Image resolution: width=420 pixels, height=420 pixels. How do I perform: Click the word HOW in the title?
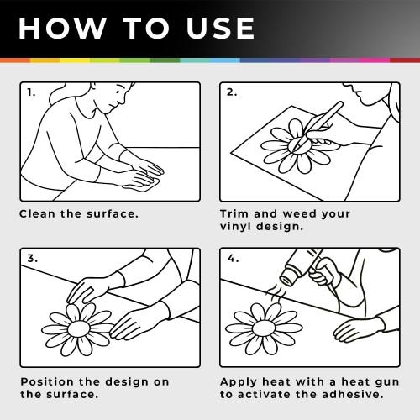coord(61,29)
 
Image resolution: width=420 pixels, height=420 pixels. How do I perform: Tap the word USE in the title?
coord(220,29)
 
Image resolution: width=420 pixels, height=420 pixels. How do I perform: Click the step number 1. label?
coord(31,92)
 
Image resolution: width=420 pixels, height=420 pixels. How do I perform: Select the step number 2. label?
coord(232,92)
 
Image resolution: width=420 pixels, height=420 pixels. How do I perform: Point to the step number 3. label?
coord(33,258)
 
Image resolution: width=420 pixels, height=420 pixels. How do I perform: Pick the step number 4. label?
coord(233,258)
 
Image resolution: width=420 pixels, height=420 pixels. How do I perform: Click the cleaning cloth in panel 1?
coord(143,186)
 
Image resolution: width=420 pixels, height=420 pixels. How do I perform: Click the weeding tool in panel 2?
coord(318,126)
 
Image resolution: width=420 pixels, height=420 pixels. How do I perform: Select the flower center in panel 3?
coord(79,328)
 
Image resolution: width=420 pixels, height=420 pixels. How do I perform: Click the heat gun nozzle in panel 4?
coord(288,276)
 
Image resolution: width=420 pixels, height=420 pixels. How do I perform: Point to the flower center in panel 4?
coord(263,328)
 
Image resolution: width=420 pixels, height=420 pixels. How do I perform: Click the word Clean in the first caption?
coord(37,214)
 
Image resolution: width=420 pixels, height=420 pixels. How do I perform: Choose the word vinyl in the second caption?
coord(235,226)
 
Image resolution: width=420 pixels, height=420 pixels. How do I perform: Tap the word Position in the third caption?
coord(47,381)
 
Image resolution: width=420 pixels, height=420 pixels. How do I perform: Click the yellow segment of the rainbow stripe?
coord(75,60)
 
